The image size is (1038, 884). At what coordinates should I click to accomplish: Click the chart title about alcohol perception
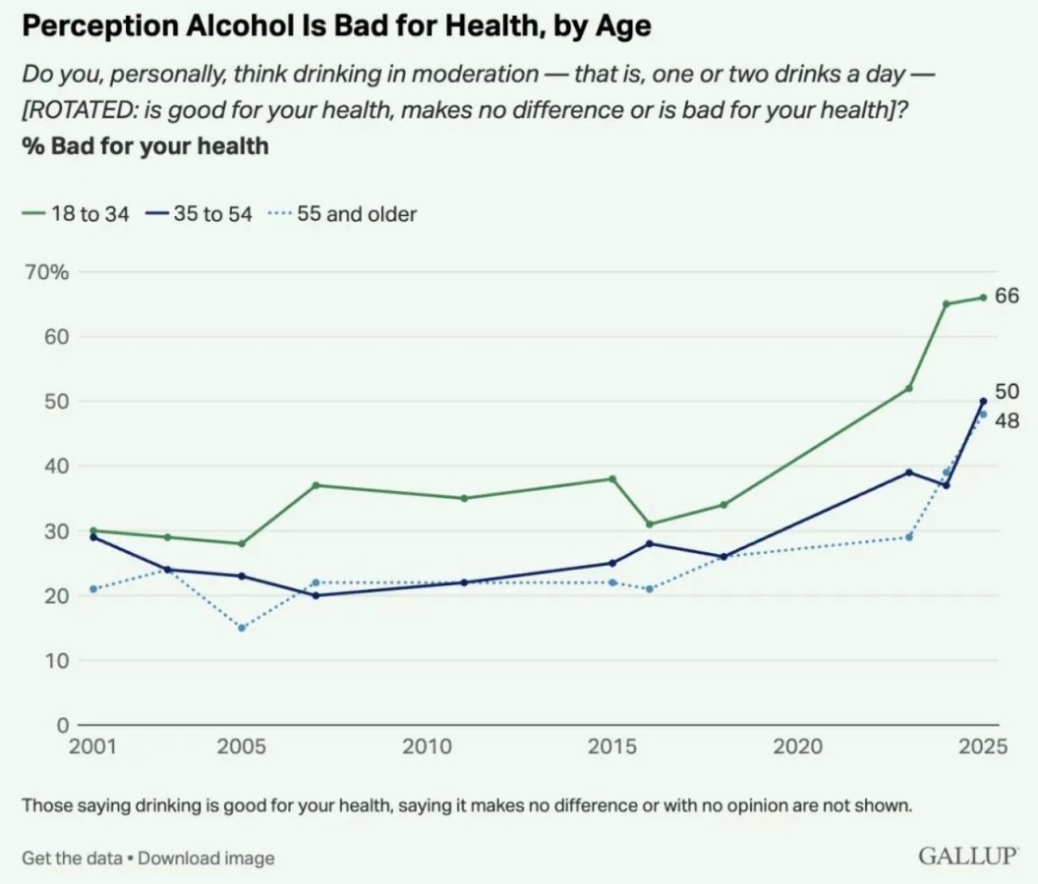[x=335, y=27]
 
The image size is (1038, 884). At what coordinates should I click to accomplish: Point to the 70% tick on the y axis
[x=45, y=272]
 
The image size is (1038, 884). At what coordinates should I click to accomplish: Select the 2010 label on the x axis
[x=428, y=747]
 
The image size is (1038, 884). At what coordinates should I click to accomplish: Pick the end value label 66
[x=1007, y=297]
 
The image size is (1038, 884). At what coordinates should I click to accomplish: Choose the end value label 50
[x=1007, y=392]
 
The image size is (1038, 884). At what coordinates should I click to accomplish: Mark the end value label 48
[x=1007, y=421]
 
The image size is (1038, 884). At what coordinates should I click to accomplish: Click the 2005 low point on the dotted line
[x=242, y=628]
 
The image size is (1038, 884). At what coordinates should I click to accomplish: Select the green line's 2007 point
[x=316, y=485]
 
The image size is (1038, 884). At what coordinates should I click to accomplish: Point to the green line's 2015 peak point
[x=612, y=478]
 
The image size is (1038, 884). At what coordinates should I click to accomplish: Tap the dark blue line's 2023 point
[x=909, y=472]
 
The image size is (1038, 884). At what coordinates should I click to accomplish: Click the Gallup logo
[x=967, y=856]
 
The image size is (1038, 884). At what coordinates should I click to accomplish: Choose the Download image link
[x=206, y=857]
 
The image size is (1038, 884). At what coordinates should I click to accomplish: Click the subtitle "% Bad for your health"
[x=145, y=147]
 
